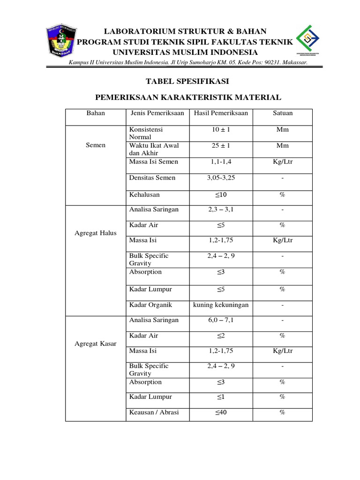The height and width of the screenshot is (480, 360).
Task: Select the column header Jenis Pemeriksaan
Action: point(157,113)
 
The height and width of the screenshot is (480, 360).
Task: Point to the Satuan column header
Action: point(283,113)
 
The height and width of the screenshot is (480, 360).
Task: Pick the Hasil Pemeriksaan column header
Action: point(220,113)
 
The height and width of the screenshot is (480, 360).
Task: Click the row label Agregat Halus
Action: point(96,233)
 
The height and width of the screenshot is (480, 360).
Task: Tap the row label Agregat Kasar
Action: point(96,343)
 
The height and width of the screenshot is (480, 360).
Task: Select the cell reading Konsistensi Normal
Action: point(146,133)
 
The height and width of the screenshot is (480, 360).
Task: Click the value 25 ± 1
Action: point(220,146)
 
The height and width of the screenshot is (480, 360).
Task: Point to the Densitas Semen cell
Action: point(152,178)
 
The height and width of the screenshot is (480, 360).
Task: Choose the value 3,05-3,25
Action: point(220,178)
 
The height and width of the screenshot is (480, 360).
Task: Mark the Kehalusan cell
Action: point(145,194)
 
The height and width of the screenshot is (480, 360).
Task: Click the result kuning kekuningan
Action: point(221,305)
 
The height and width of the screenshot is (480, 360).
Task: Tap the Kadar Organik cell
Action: point(150,305)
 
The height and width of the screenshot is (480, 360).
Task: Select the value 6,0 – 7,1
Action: point(220,320)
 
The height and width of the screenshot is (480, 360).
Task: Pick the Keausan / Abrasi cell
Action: point(154,412)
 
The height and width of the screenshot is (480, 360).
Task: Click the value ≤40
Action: point(220,412)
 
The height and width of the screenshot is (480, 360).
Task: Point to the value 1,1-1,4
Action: point(220,162)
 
